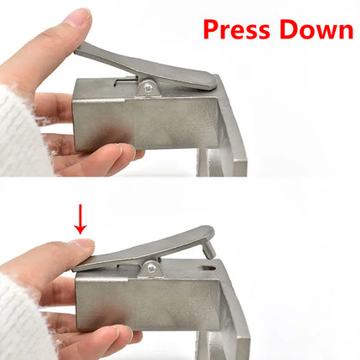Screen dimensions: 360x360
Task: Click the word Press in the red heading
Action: (x=237, y=29)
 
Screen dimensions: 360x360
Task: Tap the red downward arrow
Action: (x=81, y=219)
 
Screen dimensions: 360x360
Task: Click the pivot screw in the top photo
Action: (x=148, y=88)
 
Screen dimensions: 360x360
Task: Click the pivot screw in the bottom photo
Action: (x=152, y=269)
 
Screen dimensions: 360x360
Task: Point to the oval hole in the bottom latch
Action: (x=208, y=269)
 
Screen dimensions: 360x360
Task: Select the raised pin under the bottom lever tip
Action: (x=209, y=250)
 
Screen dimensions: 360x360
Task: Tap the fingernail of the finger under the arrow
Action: (x=83, y=242)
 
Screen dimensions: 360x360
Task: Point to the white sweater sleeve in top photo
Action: (x=23, y=134)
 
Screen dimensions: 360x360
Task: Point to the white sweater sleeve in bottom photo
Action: (x=23, y=318)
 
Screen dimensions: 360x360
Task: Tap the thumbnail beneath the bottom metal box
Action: (x=126, y=333)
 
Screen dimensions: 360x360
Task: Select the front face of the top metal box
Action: (x=145, y=125)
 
